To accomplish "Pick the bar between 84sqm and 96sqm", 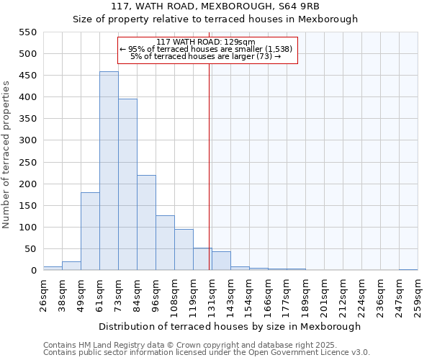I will click(146, 223).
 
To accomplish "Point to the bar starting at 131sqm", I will click(221, 261).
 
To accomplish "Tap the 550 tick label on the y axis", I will click(27, 32).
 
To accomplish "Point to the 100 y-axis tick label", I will click(27, 228).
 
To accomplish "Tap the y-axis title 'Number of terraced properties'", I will click(6, 155).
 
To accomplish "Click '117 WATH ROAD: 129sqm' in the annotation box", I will click(205, 42).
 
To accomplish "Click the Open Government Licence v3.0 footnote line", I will click(207, 353).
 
